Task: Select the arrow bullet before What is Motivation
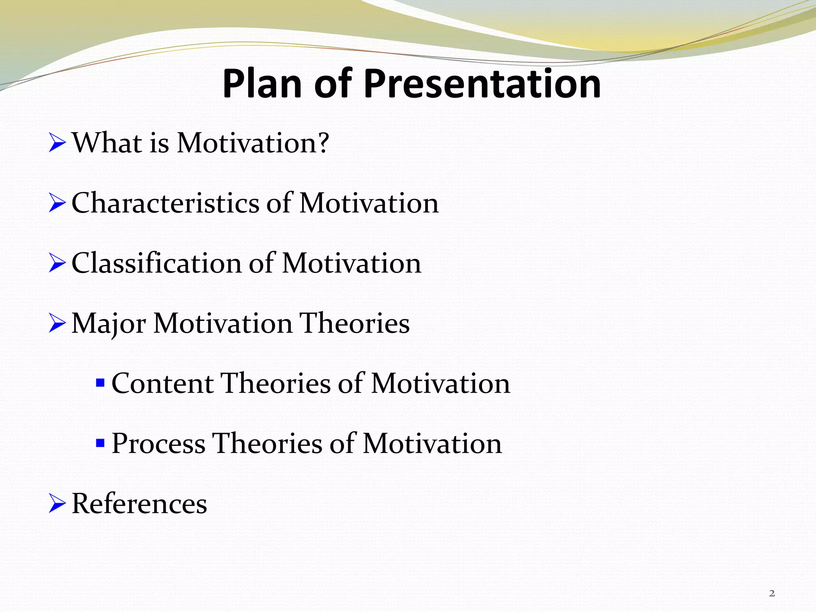[x=57, y=143]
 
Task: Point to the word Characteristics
[x=165, y=203]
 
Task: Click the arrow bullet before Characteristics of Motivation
[x=57, y=204]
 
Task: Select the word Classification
[x=157, y=263]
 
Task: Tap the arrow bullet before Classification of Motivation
[x=57, y=264]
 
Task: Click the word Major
[x=108, y=324]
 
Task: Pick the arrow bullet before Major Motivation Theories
[x=57, y=324]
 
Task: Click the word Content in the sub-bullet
[x=163, y=383]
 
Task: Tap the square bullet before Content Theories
[x=100, y=383]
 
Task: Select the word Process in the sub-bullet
[x=158, y=443]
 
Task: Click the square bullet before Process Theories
[x=100, y=443]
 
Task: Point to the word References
[x=139, y=504]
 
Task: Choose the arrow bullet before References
[x=57, y=504]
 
